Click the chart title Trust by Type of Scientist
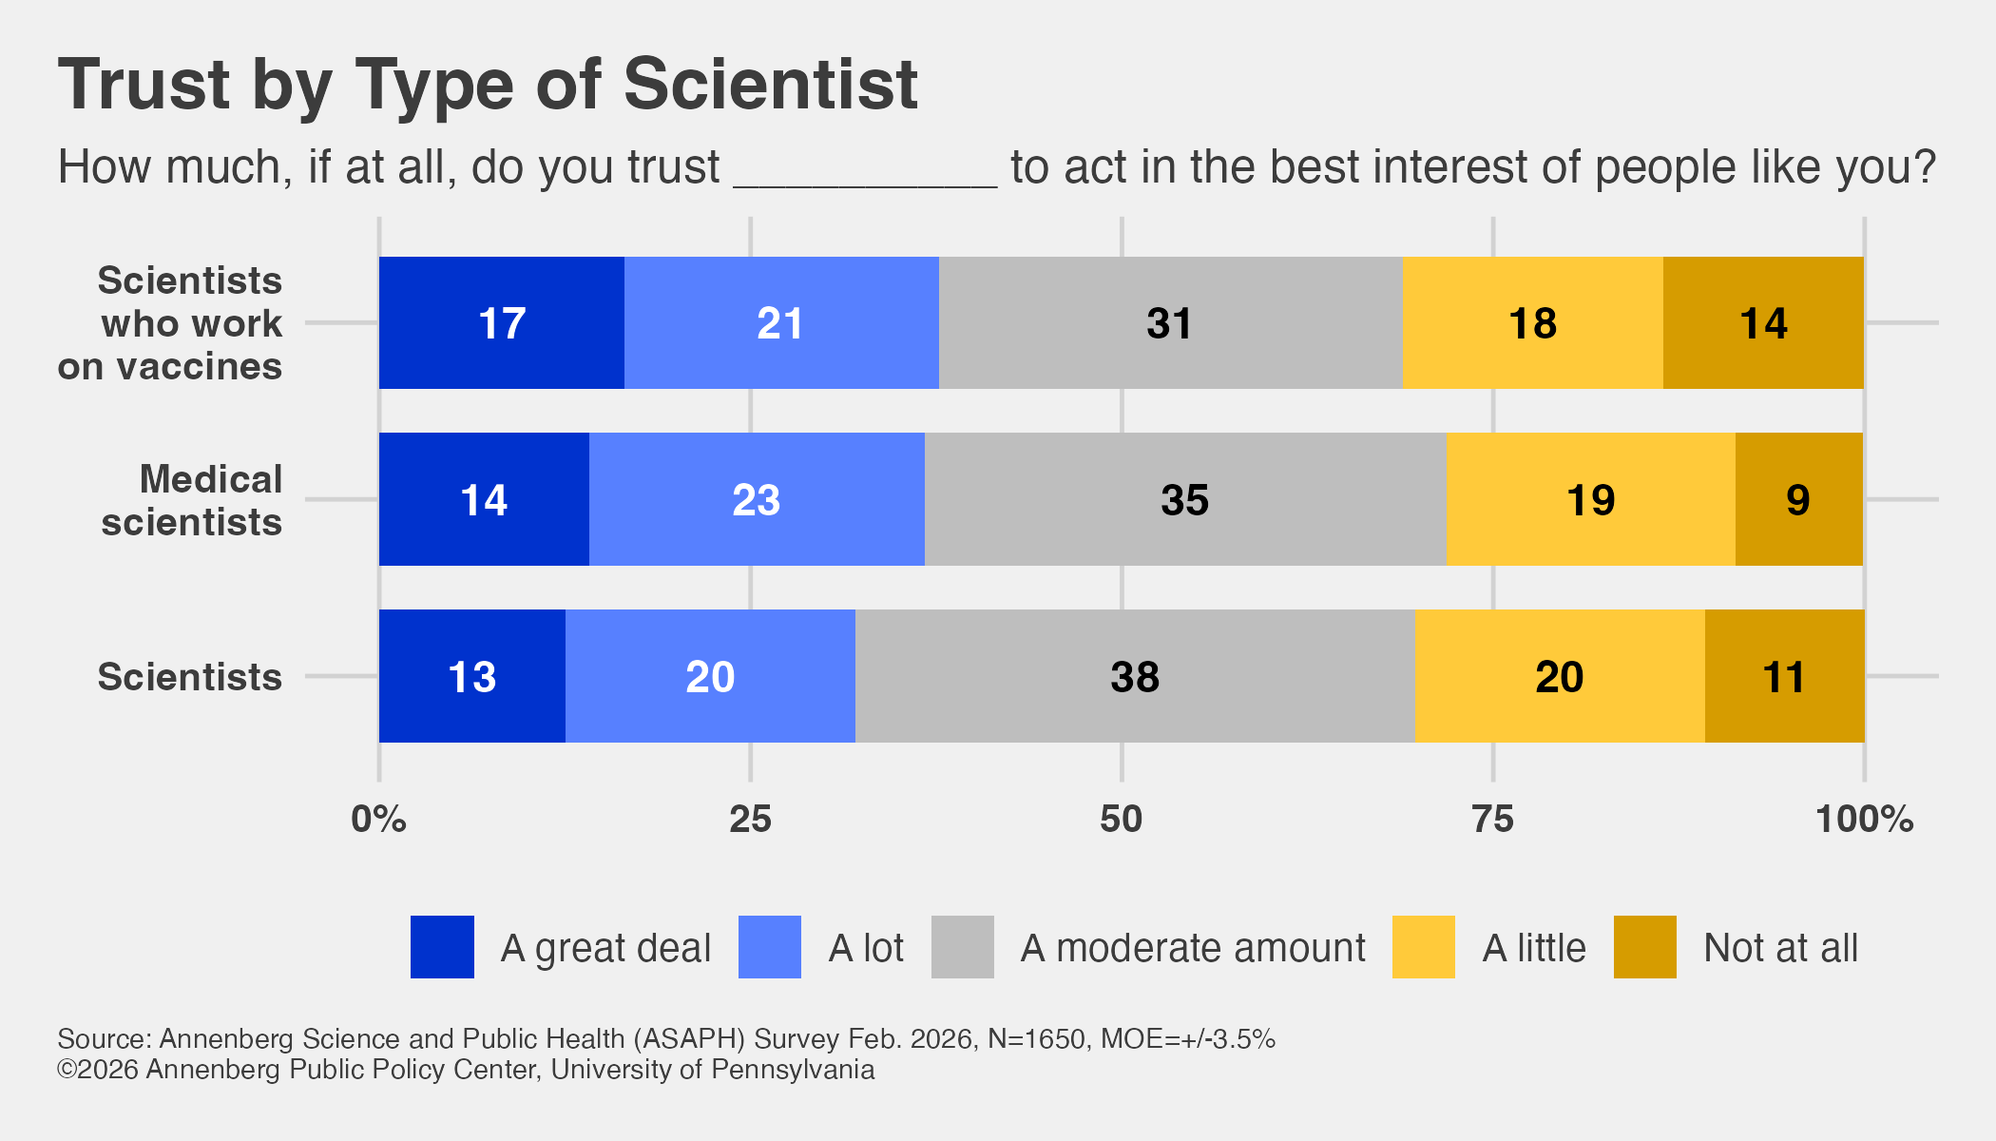click(x=488, y=85)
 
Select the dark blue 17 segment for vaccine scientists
click(x=501, y=323)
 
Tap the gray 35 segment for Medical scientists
click(x=1184, y=500)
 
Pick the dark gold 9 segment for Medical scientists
click(x=1798, y=500)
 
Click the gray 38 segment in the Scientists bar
click(x=1135, y=677)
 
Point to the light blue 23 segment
click(x=757, y=500)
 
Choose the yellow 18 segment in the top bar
click(x=1532, y=323)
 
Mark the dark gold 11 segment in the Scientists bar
click(x=1784, y=677)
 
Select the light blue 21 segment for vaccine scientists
click(x=780, y=323)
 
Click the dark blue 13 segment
click(x=471, y=677)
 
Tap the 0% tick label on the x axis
click(x=378, y=820)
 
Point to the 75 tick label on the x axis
click(x=1492, y=820)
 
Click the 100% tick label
click(x=1864, y=820)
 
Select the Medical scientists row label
click(x=192, y=501)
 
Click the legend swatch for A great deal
click(x=442, y=947)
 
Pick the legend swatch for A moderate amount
click(x=962, y=947)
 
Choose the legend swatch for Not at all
click(x=1644, y=947)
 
